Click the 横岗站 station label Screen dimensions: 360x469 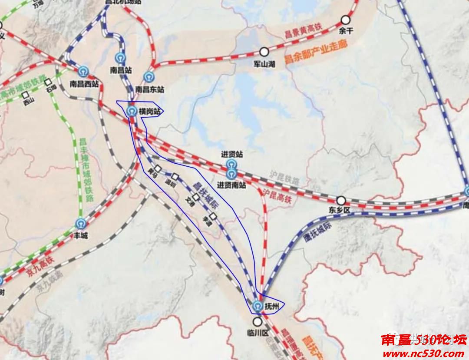pyautogui.click(x=149, y=112)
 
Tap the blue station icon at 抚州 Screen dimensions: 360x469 pyautogui.click(x=258, y=306)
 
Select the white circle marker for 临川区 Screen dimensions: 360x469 pyautogui.click(x=258, y=322)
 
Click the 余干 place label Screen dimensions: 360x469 pyautogui.click(x=346, y=31)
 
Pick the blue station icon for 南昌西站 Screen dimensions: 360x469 pyautogui.click(x=84, y=71)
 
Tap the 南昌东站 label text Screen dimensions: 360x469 pyautogui.click(x=150, y=89)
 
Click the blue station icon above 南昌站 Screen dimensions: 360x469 pyautogui.click(x=121, y=58)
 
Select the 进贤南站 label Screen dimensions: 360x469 pyautogui.click(x=231, y=185)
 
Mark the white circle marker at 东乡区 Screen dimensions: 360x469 pyautogui.click(x=341, y=201)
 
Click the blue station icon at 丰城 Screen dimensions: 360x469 pyautogui.click(x=80, y=224)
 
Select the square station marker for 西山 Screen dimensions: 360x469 pyautogui.click(x=26, y=94)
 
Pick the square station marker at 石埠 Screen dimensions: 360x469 pyautogui.click(x=48, y=82)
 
